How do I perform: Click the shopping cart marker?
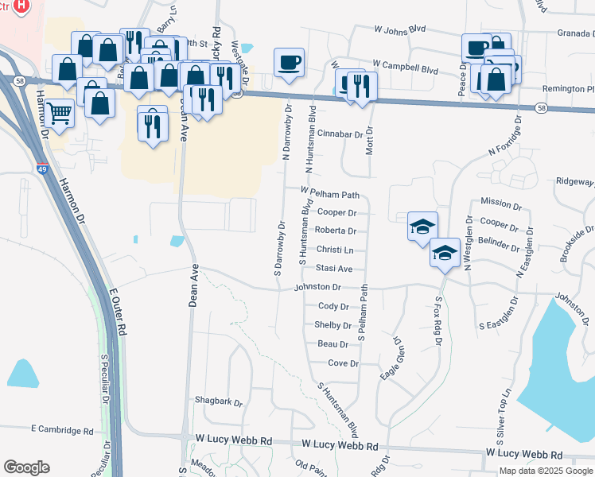[x=60, y=113]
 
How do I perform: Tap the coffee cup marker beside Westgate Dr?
[x=289, y=61]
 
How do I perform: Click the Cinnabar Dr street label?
[x=340, y=135]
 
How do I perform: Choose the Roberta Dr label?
[x=336, y=231]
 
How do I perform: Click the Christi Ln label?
[x=334, y=250]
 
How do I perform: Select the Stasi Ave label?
[x=334, y=270]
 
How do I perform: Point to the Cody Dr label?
[x=333, y=306]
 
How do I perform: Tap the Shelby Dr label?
[x=333, y=325]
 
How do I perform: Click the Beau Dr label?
[x=333, y=344]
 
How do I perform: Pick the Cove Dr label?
[x=344, y=363]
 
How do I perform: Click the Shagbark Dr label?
[x=220, y=402]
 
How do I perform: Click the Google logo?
[x=26, y=467]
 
